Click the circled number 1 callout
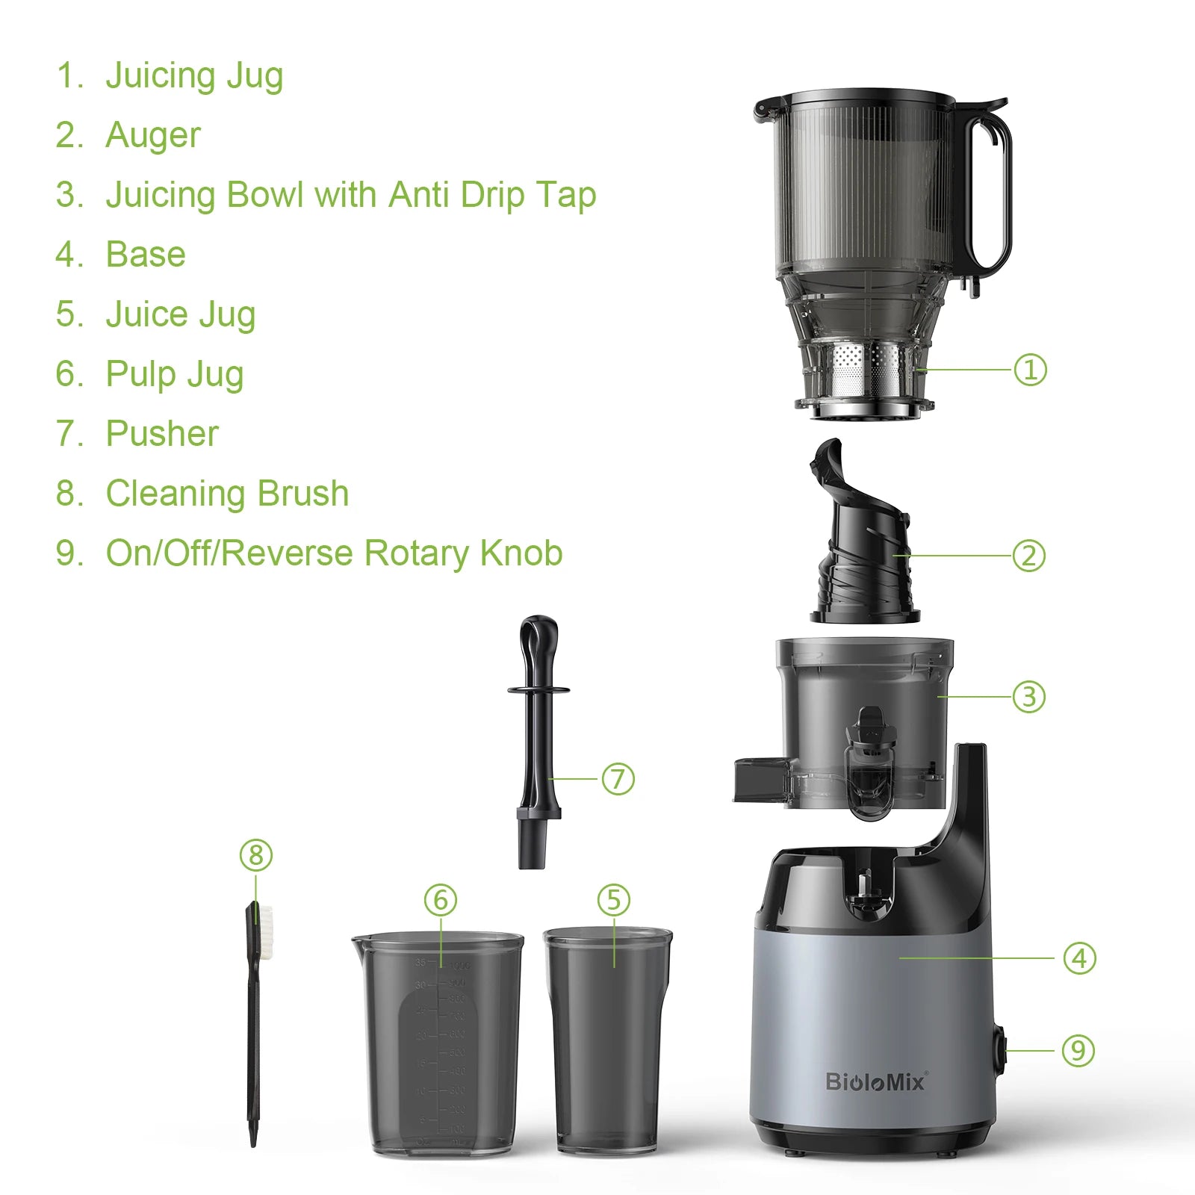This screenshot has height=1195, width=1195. (x=1030, y=370)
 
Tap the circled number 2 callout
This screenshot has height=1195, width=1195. (x=1028, y=556)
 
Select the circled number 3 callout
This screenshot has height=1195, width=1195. (x=1028, y=697)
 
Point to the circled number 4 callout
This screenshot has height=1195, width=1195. (x=1079, y=958)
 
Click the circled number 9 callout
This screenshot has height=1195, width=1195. (x=1078, y=1051)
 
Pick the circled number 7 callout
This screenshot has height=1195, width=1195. (x=618, y=779)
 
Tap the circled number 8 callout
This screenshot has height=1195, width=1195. (x=256, y=855)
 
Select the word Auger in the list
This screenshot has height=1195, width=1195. (x=153, y=135)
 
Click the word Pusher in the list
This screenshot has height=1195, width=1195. (x=162, y=434)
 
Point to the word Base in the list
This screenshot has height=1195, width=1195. (x=146, y=255)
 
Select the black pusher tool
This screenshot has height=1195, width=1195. (x=538, y=739)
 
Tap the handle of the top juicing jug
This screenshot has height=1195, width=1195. (x=991, y=194)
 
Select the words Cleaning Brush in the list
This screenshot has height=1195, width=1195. (x=227, y=494)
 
